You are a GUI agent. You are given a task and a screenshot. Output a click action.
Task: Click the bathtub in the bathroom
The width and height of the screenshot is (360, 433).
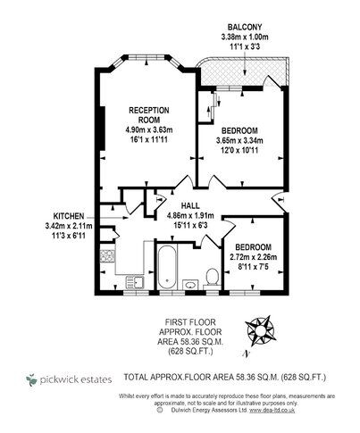166,267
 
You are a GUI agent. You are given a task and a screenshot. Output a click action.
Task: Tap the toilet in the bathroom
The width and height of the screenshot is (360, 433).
213,278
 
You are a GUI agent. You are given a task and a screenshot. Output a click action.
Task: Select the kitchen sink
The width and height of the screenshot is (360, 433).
135,283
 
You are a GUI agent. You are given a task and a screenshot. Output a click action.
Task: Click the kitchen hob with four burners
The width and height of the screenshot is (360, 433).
107,256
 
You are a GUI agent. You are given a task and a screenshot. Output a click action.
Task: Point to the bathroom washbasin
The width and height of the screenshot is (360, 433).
190,285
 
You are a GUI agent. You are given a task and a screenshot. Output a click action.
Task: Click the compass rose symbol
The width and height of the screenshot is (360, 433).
260,330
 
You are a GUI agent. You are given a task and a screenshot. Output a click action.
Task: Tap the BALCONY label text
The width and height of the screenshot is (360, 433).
245,27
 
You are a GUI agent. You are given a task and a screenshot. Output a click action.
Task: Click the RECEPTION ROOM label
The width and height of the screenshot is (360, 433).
149,115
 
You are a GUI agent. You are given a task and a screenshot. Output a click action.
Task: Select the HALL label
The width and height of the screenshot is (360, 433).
190,205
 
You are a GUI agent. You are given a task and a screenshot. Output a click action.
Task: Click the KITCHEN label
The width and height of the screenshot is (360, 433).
69,216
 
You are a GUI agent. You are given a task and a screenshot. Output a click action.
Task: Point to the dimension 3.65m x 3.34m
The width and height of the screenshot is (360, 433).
239,140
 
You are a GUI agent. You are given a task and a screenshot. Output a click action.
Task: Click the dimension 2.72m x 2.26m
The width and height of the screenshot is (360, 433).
254,257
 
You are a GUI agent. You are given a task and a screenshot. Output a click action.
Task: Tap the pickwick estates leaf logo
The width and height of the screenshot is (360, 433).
31,379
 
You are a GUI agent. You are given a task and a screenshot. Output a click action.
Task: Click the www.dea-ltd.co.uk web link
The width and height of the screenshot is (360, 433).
272,411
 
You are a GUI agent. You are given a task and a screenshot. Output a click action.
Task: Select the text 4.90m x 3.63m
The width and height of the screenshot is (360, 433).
149,130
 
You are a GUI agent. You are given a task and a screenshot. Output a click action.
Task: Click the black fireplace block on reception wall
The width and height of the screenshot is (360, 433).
103,129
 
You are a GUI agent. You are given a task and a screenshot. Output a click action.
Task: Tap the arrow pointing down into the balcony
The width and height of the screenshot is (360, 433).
245,63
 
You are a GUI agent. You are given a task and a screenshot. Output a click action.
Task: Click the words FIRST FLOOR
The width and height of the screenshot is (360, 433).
190,322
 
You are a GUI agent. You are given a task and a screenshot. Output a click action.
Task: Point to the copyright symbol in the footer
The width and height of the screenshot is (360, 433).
160,411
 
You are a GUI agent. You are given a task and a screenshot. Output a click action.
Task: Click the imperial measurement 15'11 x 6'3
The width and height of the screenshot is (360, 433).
190,226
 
